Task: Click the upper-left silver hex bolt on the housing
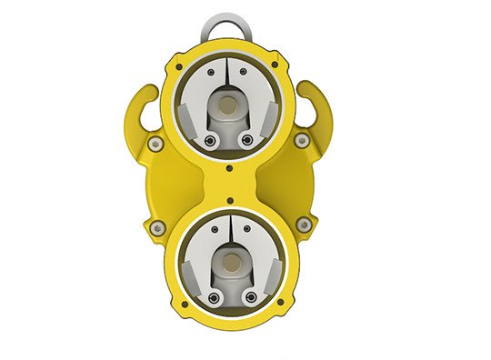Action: tap(156, 143)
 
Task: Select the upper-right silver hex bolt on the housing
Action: tap(301, 139)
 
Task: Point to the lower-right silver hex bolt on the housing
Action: tap(304, 225)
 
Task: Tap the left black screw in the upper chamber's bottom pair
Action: tap(211, 141)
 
